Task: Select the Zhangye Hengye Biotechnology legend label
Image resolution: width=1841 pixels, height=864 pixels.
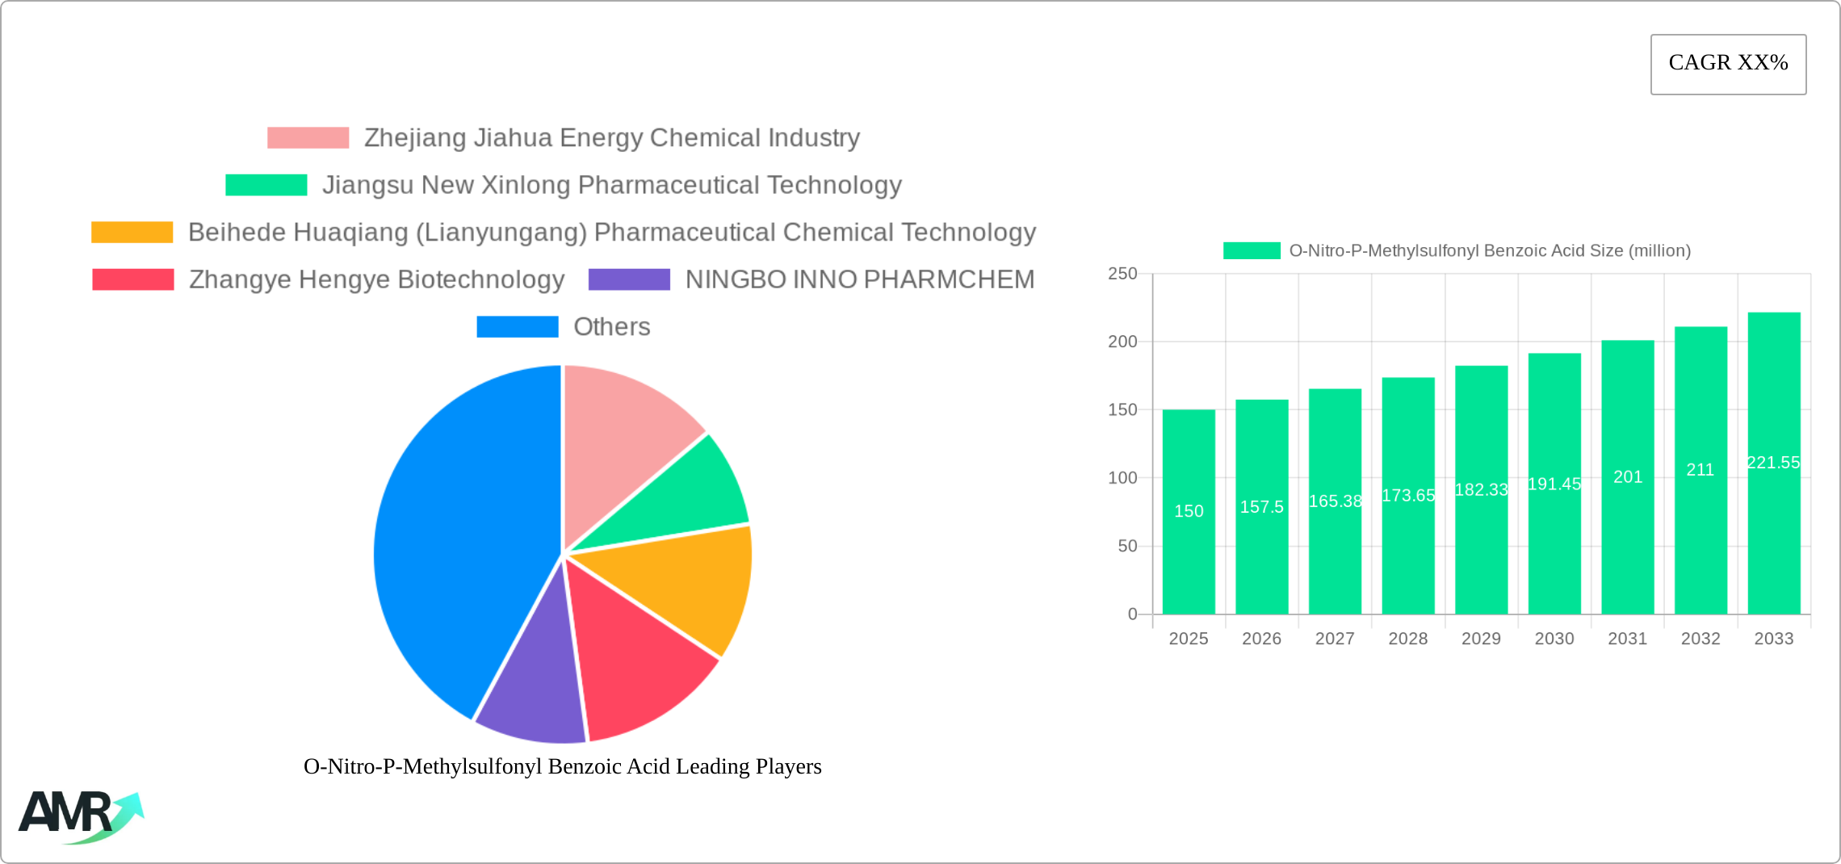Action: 376,279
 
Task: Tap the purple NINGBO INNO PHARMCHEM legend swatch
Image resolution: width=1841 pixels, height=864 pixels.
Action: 629,279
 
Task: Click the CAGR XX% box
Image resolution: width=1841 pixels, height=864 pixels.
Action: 1728,64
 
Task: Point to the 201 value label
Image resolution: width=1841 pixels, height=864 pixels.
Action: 1628,477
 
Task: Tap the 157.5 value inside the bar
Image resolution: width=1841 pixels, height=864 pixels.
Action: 1261,507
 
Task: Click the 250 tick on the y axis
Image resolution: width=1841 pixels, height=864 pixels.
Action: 1122,274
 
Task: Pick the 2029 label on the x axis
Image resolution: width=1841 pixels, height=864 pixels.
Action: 1481,639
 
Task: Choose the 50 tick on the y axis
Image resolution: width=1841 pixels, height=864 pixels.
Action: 1127,547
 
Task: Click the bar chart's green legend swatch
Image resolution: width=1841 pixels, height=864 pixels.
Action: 1252,251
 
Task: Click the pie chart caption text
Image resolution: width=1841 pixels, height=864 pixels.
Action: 562,766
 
